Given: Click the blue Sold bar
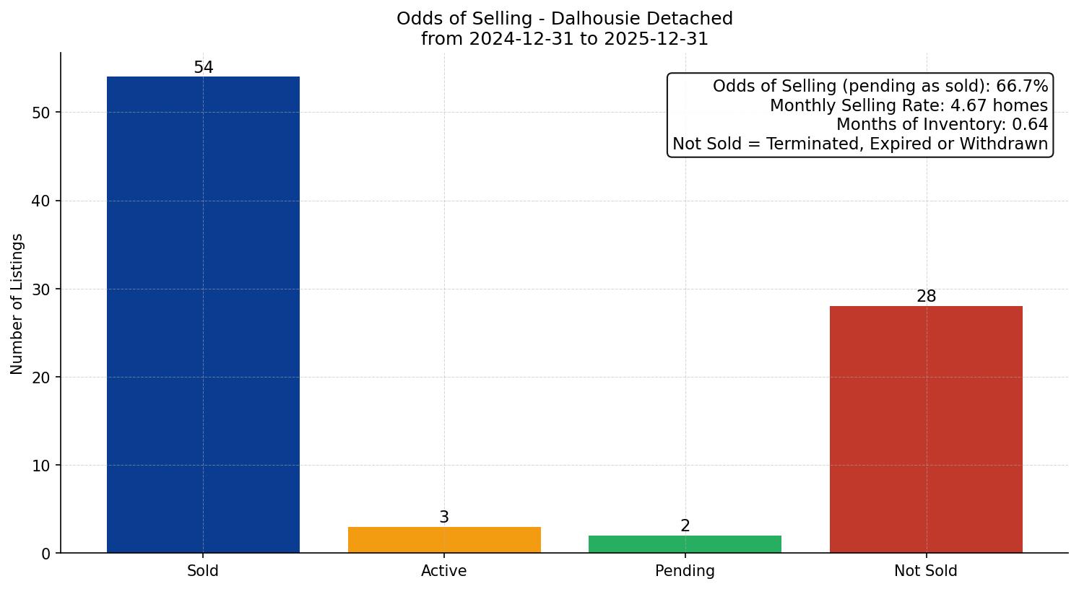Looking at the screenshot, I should pos(203,314).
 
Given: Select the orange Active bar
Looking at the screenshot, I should pos(444,540).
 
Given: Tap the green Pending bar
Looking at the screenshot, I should pos(685,544).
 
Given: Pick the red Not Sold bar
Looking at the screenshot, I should pos(926,429).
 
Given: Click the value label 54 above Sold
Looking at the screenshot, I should pos(203,68).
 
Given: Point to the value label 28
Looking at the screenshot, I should pos(926,297).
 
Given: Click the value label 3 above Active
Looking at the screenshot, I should pos(444,518).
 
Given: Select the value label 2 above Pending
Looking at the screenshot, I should pos(685,526).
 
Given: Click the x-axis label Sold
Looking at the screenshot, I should pos(203,571).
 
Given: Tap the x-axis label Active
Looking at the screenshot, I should pos(444,571).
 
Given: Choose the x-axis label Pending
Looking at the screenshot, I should pos(685,571).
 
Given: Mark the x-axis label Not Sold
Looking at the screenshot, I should pos(926,571).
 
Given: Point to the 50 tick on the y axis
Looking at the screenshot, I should pos(41,113).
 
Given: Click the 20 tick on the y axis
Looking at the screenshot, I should pos(41,378).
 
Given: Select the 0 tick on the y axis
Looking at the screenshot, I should pos(45,554).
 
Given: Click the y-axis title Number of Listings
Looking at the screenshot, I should pos(17,303).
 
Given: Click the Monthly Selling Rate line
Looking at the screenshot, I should pos(908,105).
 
